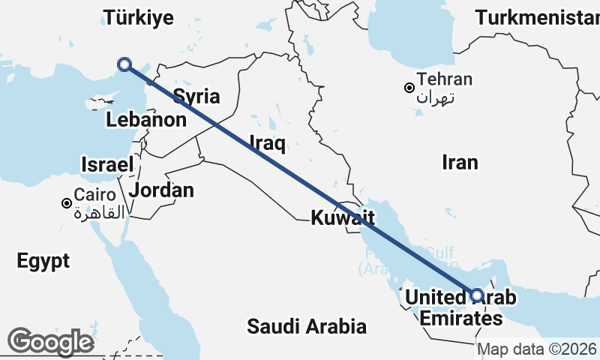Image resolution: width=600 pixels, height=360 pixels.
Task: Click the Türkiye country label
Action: [139, 17]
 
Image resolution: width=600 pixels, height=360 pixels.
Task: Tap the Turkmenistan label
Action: [537, 17]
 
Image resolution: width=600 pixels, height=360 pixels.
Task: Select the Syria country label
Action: [196, 96]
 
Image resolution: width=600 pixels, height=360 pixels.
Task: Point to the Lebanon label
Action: [146, 119]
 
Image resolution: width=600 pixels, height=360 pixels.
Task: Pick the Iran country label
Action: [460, 162]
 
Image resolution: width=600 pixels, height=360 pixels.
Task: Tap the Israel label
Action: [107, 165]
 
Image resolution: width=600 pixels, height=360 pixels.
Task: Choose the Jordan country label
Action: [161, 190]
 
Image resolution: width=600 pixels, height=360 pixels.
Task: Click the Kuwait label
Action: [343, 218]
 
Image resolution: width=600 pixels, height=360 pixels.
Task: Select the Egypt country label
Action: [43, 261]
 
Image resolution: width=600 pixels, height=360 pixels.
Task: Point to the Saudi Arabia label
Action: [307, 326]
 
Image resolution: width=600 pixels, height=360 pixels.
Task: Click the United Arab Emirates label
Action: [460, 308]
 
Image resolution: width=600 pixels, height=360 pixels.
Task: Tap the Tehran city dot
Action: [409, 88]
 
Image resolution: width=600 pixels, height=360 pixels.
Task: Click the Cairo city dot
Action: [67, 203]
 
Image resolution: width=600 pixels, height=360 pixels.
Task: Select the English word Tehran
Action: [445, 79]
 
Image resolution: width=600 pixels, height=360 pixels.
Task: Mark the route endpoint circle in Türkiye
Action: [125, 65]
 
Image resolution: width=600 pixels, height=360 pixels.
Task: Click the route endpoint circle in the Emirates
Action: [476, 295]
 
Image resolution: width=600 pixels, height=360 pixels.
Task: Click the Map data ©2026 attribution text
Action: [537, 349]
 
